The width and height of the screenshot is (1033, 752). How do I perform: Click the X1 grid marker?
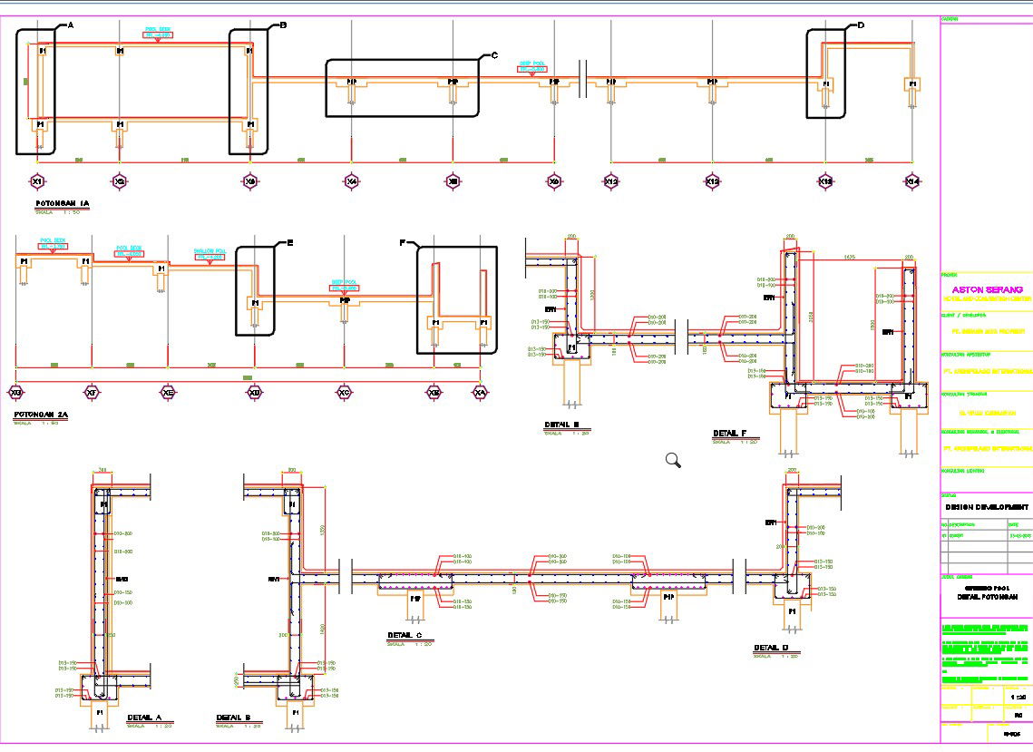point(37,181)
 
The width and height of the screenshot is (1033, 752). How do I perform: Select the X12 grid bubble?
point(612,181)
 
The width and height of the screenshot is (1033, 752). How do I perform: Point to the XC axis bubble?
point(344,392)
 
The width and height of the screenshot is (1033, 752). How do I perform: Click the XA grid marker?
point(480,392)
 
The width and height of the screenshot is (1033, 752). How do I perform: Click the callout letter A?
point(70,26)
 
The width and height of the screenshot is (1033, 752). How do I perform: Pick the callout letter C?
point(494,55)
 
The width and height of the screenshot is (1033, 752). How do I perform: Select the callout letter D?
point(860,26)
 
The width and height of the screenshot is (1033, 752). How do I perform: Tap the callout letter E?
point(290,242)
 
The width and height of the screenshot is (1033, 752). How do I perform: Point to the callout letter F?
point(402,242)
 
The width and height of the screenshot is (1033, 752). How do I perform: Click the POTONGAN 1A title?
point(62,203)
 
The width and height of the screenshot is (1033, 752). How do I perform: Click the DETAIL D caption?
point(771,648)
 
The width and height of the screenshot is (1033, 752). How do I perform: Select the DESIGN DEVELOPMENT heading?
point(987,507)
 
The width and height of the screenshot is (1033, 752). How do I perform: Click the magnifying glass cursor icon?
point(673,460)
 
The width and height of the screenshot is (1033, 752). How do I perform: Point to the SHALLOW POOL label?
point(210,251)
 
